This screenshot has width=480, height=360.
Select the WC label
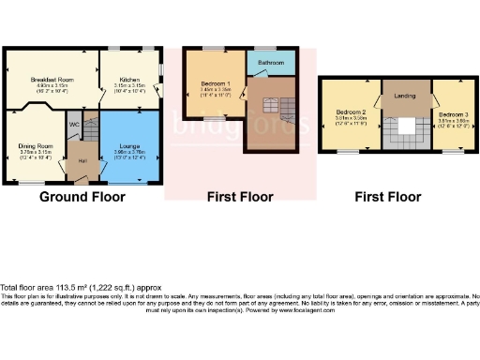coord(73,125)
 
